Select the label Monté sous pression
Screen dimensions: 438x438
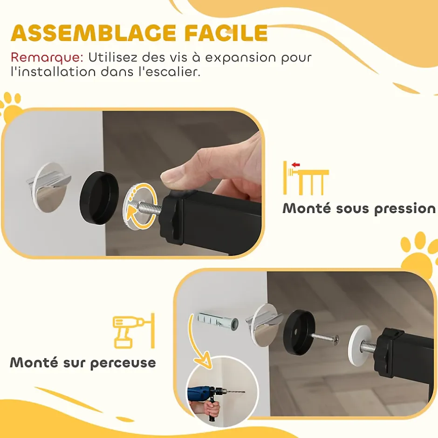(359, 208)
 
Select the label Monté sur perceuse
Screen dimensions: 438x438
(83, 363)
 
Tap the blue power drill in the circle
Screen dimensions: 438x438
(203, 394)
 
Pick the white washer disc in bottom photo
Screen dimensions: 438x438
(360, 341)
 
